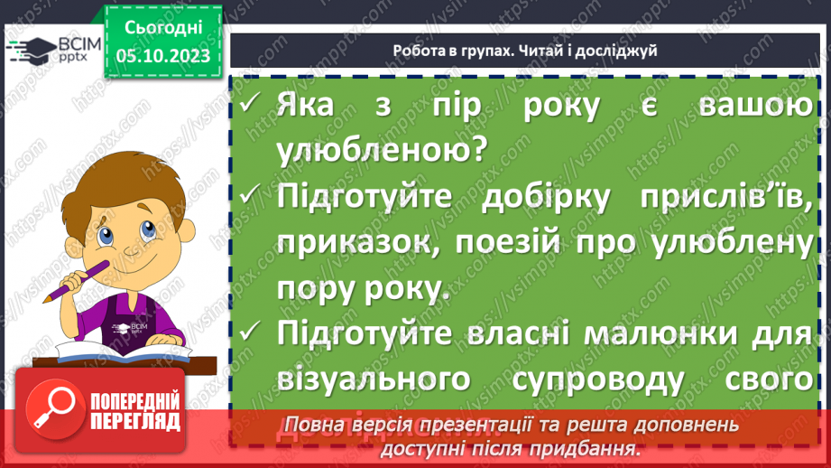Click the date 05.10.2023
[163, 57]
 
